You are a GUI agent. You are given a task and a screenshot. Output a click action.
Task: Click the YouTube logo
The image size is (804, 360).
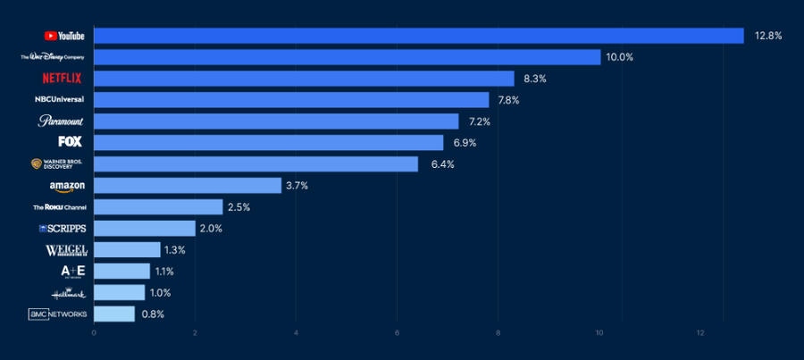64,36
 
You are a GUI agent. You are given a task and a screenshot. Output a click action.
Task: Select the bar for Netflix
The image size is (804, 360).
304,79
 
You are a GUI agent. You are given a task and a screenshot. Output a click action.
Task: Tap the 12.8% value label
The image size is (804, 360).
767,36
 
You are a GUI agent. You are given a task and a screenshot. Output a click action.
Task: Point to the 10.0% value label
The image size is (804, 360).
619,57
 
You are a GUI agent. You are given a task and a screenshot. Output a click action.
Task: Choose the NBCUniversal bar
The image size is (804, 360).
291,100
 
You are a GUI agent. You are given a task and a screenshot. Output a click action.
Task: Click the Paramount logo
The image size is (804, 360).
61,121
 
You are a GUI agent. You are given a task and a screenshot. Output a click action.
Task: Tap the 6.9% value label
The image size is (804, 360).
463,143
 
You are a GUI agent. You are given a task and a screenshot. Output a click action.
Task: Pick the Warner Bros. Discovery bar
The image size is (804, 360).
255,164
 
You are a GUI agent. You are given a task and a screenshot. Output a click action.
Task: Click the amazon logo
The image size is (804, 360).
67,186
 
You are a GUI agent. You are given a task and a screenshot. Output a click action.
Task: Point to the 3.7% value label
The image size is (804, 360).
301,186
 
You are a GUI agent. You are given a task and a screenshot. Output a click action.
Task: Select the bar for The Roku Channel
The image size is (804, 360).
158,207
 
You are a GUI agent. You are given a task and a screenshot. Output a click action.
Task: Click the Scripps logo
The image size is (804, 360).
63,229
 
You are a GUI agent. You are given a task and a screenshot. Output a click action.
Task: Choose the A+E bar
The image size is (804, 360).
121,272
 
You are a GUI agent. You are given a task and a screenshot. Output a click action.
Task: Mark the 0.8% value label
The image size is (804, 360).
153,314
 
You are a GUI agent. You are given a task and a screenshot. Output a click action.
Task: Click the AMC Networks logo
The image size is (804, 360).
58,314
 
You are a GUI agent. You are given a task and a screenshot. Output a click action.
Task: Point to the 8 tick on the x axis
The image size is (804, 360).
498,333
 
